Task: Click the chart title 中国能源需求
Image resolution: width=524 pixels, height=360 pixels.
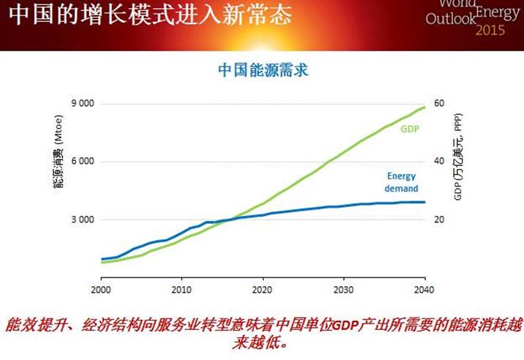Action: (263, 70)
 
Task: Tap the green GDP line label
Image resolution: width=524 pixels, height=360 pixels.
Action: (409, 130)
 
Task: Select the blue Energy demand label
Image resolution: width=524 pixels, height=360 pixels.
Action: (401, 182)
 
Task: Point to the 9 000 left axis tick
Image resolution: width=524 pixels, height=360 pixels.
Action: (82, 104)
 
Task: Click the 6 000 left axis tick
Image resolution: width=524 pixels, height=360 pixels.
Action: (82, 162)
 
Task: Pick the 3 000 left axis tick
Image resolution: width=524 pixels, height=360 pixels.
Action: (82, 220)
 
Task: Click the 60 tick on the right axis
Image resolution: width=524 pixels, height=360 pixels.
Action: (439, 104)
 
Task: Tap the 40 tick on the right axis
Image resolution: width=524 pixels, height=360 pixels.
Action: (439, 162)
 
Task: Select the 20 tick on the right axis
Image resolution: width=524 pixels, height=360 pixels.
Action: (439, 220)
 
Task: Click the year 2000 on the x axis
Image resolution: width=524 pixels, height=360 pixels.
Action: (102, 289)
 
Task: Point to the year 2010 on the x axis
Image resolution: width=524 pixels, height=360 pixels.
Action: (182, 289)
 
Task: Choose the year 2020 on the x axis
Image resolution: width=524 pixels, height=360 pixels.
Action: (263, 289)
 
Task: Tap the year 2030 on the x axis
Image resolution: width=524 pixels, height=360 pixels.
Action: (344, 289)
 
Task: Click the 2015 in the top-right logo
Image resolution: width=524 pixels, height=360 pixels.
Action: (490, 31)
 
